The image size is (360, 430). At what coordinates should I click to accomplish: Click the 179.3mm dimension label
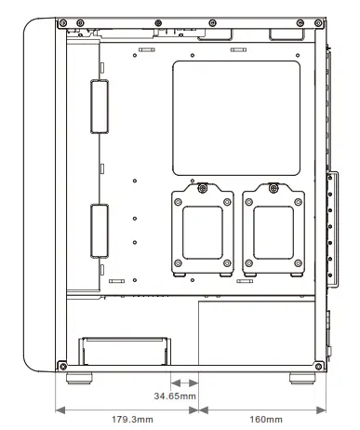tap(127, 420)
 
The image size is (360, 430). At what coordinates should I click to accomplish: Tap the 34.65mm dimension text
tap(175, 397)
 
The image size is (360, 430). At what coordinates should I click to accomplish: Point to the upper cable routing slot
tap(100, 105)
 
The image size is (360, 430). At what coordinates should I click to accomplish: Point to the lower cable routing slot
tap(100, 228)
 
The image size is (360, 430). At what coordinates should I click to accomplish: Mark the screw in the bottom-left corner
tap(62, 362)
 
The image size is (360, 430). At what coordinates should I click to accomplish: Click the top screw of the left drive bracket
tap(203, 189)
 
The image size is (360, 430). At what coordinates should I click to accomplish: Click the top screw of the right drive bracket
tap(273, 189)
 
